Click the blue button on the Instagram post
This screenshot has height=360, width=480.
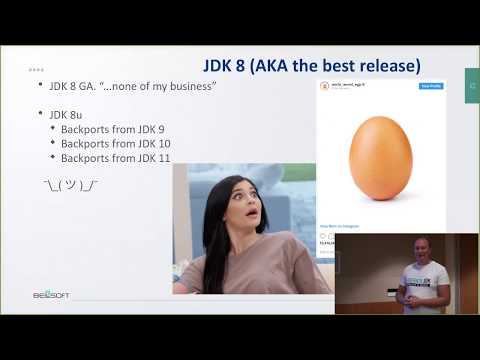coord(431,86)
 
